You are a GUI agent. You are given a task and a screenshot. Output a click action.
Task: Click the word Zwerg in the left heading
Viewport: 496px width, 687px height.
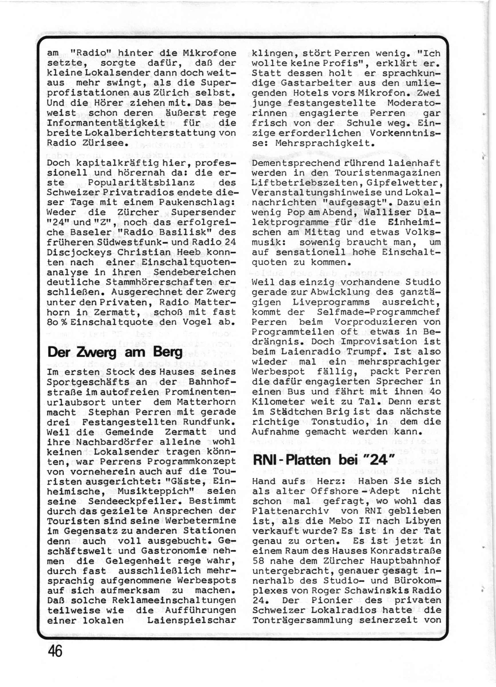99,353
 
